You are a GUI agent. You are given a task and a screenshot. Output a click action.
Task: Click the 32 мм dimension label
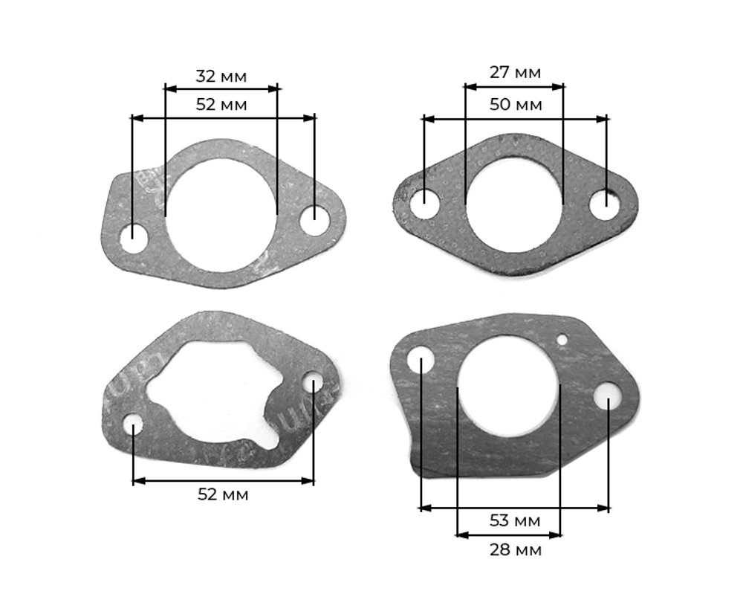[x=221, y=76]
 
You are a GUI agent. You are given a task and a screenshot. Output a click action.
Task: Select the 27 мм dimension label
[x=515, y=73]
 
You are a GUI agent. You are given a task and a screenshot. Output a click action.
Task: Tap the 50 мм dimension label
[x=516, y=104]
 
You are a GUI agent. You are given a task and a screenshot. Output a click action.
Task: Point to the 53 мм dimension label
[x=515, y=520]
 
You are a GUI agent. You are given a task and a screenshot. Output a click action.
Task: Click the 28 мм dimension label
[x=515, y=550]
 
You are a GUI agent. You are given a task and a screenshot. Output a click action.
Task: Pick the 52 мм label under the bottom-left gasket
[x=223, y=494]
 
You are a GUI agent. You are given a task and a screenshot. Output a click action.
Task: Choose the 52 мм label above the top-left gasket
[x=221, y=104]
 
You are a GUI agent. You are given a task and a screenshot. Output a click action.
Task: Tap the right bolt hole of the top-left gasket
[x=314, y=219]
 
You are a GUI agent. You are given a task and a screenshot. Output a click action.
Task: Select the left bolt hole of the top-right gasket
[x=424, y=204]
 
